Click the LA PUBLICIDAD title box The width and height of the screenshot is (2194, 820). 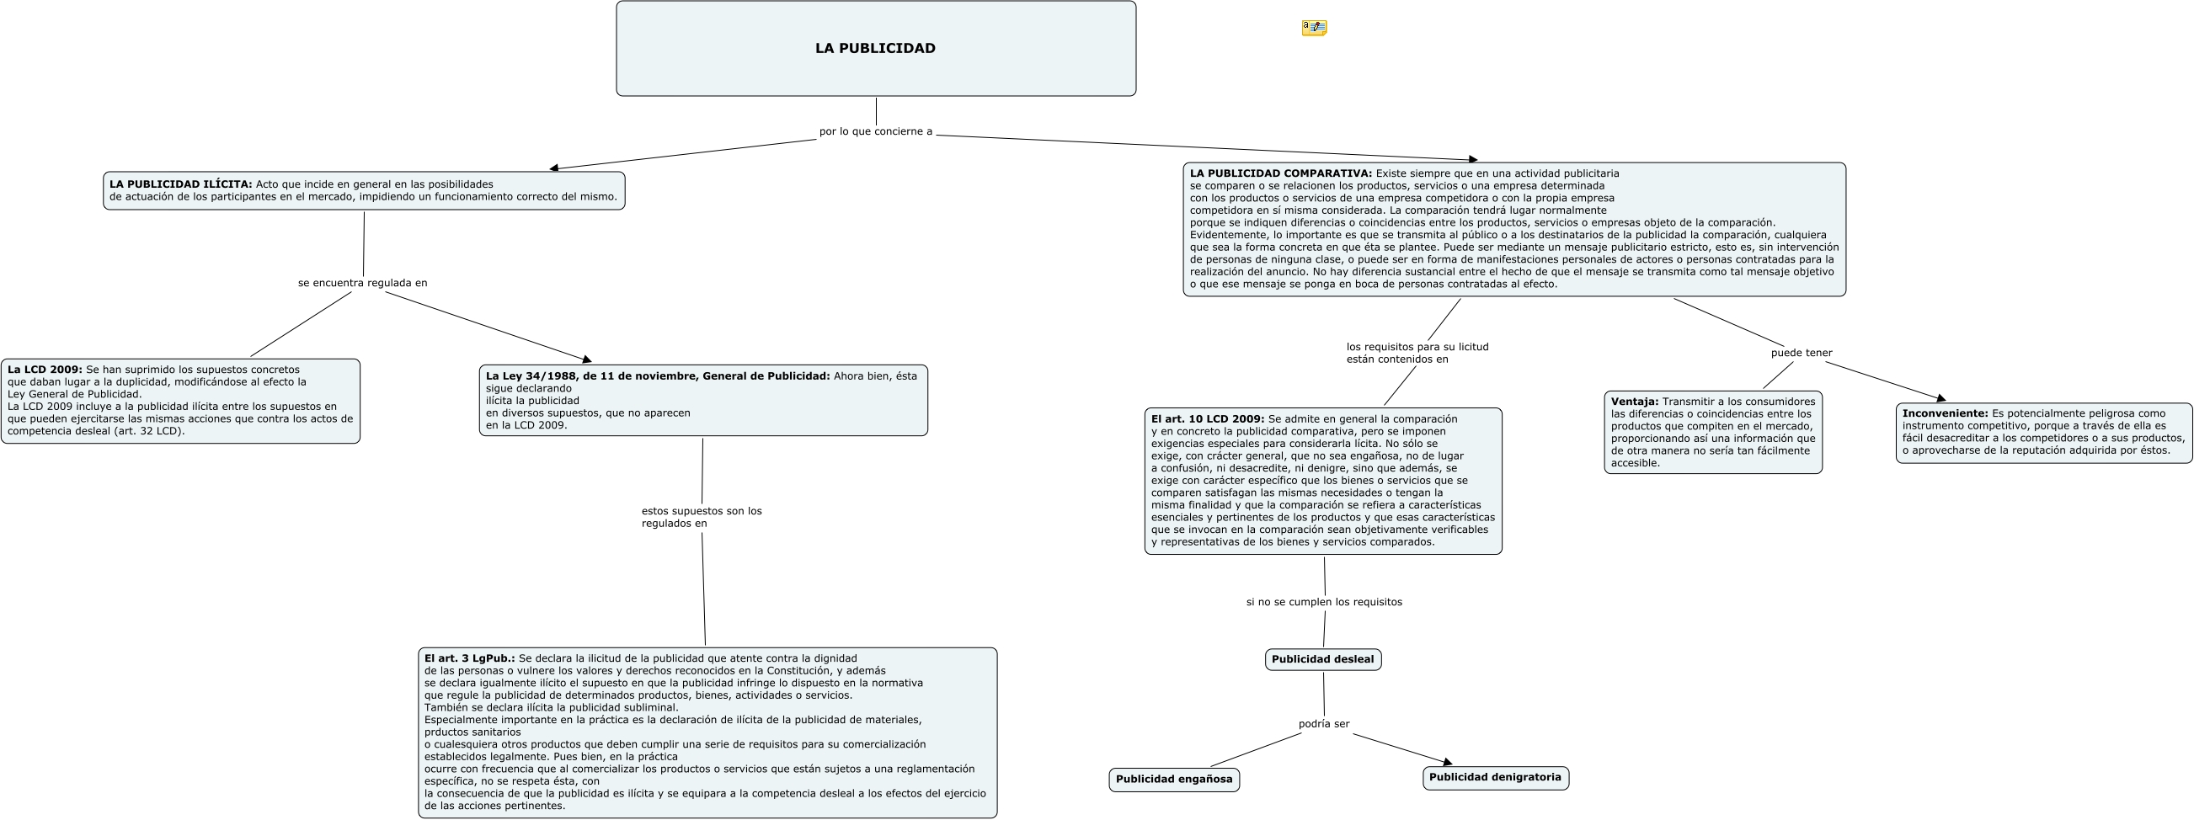click(876, 49)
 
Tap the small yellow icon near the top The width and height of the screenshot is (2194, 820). click(1314, 28)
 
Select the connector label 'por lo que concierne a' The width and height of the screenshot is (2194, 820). click(876, 132)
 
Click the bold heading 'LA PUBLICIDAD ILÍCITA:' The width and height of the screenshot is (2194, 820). click(180, 184)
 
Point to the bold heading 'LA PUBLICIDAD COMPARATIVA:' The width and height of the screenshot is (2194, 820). click(1281, 173)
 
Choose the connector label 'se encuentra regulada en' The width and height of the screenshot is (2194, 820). click(363, 283)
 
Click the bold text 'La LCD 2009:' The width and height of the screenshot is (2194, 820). click(45, 370)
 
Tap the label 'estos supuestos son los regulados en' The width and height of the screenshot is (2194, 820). click(701, 517)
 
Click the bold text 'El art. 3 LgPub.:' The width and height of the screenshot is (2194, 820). click(469, 658)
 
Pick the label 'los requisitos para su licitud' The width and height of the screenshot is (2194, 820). click(1417, 348)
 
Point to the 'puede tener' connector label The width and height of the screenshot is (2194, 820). click(1802, 354)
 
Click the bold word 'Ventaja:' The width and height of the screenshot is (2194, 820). click(1635, 402)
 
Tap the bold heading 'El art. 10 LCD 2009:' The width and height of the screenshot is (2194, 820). click(1208, 419)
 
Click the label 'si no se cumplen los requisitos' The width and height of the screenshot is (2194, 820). click(1323, 602)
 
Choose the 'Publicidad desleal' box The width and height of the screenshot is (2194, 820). click(1322, 660)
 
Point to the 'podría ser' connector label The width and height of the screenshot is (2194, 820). click(1323, 724)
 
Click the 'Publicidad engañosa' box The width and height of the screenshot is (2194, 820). click(1174, 779)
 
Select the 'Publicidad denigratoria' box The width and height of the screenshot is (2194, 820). click(1495, 777)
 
